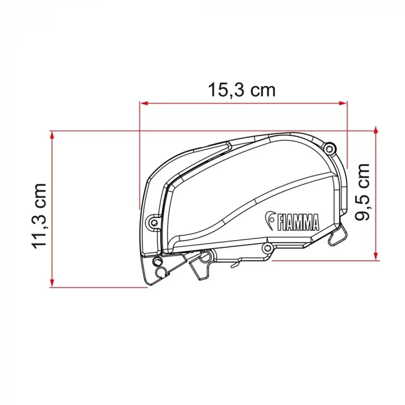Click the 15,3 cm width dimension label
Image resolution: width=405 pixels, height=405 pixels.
click(x=242, y=90)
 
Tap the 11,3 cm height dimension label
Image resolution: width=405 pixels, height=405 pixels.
click(x=39, y=216)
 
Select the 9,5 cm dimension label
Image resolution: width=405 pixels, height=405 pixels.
click(x=362, y=192)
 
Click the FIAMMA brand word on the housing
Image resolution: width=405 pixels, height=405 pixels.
click(x=298, y=222)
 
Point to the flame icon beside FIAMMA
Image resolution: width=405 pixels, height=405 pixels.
click(x=270, y=220)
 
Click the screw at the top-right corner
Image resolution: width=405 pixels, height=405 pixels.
click(x=329, y=149)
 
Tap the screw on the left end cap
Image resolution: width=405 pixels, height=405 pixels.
click(x=154, y=222)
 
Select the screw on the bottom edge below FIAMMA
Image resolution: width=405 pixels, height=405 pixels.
click(x=267, y=248)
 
